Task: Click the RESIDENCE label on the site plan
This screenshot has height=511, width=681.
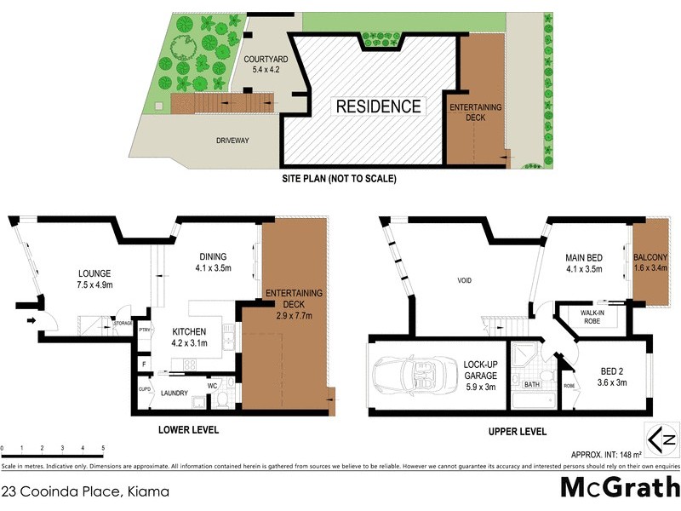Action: pos(378,106)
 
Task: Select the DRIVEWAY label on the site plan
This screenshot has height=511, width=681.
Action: pos(232,141)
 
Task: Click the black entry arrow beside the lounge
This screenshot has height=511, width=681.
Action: pos(31,321)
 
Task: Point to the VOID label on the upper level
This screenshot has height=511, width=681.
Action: pos(464,280)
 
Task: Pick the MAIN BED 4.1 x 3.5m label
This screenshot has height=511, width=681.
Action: pos(584,263)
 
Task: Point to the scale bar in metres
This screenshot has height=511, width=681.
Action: pos(53,447)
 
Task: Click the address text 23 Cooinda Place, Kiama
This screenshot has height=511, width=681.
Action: pos(85,491)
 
